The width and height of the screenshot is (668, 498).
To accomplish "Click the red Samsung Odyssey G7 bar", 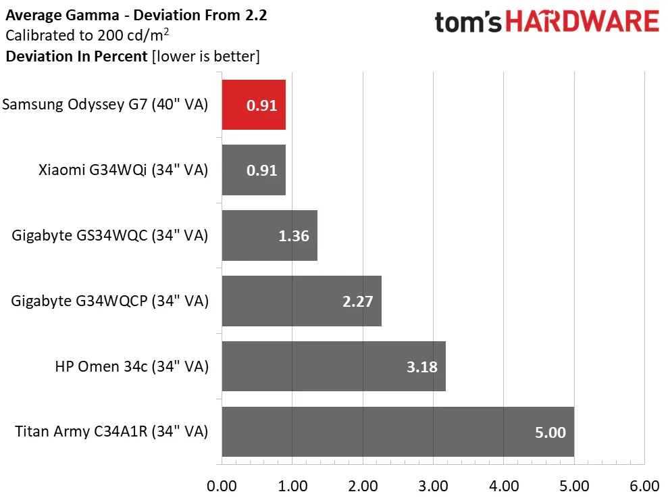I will point(253,105).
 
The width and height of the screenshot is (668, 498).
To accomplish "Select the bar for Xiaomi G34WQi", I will point(253,170).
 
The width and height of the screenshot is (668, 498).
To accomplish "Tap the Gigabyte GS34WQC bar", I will point(269,236).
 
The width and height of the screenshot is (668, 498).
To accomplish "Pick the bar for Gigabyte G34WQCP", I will point(301,301).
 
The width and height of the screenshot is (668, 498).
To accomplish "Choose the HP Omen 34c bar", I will point(333,366).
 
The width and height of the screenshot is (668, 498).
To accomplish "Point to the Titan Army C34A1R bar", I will point(397,432).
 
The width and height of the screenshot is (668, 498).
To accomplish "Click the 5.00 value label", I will point(550,432).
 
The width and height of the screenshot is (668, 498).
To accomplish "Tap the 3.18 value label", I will point(421,367).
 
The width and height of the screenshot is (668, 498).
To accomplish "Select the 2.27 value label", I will point(357,301).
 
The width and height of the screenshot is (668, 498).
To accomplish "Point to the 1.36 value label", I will point(294,236).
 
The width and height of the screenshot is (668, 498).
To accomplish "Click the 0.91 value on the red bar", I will point(261,105).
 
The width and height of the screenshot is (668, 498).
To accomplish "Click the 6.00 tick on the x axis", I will point(644,486).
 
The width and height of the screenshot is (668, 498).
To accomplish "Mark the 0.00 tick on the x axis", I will point(222,486).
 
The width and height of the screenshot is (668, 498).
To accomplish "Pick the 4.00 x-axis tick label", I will point(503,486).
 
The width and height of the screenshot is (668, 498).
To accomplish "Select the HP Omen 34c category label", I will point(132,366).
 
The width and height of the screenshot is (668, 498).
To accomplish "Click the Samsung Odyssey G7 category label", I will point(105,105).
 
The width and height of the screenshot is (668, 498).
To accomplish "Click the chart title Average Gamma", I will point(136,15).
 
